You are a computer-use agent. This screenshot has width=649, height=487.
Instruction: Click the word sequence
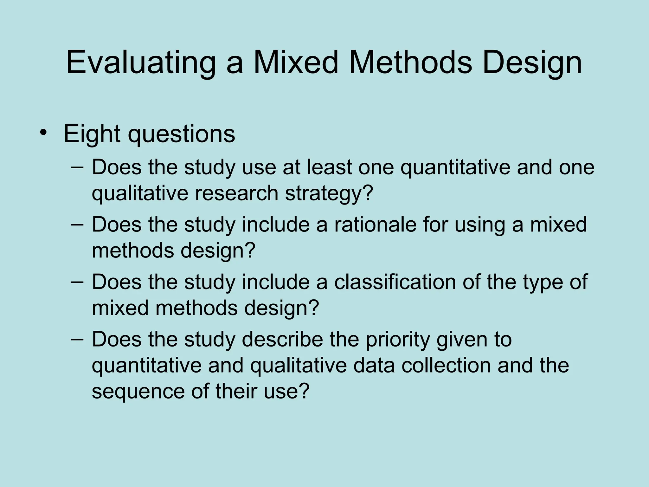click(138, 392)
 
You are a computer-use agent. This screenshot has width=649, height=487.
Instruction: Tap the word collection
click(446, 366)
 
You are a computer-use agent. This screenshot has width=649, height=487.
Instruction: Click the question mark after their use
click(304, 391)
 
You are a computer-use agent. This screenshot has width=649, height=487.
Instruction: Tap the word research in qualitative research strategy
click(236, 194)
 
